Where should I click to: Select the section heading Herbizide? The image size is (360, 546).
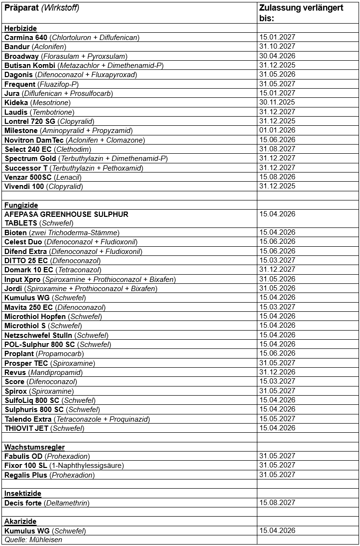[20, 28]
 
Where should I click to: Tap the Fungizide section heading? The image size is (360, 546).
[21, 205]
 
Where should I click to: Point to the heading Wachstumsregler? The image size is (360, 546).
[34, 447]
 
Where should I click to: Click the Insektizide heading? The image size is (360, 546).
[23, 493]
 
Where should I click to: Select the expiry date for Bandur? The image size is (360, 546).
[277, 46]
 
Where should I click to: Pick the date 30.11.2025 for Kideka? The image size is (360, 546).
[277, 102]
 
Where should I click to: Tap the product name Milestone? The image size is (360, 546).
[21, 131]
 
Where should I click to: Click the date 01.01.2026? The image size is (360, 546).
[277, 130]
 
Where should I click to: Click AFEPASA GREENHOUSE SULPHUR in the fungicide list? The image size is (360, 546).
[66, 214]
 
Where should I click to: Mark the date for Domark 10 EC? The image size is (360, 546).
[277, 269]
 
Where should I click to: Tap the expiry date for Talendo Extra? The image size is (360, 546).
[277, 419]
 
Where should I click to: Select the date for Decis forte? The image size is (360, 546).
[277, 503]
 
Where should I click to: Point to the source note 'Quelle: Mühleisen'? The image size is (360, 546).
[33, 540]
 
